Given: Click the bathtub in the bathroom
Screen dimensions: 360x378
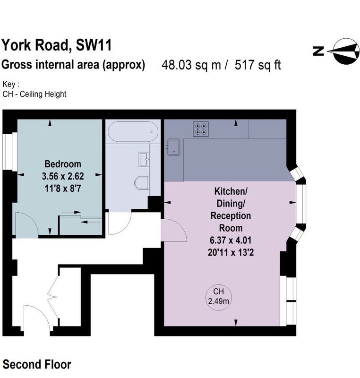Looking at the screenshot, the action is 133,131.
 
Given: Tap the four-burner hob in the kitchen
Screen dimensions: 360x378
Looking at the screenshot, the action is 201,129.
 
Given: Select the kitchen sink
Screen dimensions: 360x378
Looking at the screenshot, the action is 174,147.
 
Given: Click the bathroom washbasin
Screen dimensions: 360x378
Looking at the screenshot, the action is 144,159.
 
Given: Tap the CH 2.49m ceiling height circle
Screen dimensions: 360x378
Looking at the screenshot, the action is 218,297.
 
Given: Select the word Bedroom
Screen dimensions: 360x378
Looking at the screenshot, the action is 63,164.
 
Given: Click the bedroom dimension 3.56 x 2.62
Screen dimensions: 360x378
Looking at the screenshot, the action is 63,176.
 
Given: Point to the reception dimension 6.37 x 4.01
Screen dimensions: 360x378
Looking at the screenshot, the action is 231,241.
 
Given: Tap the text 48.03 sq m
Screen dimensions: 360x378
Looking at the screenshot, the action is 191,65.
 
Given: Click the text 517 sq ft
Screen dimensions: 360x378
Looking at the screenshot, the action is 257,65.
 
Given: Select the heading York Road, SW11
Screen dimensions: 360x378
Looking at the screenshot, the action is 57,45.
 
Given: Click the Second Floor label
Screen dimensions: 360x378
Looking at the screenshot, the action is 37,364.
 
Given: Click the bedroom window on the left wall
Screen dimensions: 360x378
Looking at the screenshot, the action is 9,151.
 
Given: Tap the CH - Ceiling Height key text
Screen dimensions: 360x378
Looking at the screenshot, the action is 34,94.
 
